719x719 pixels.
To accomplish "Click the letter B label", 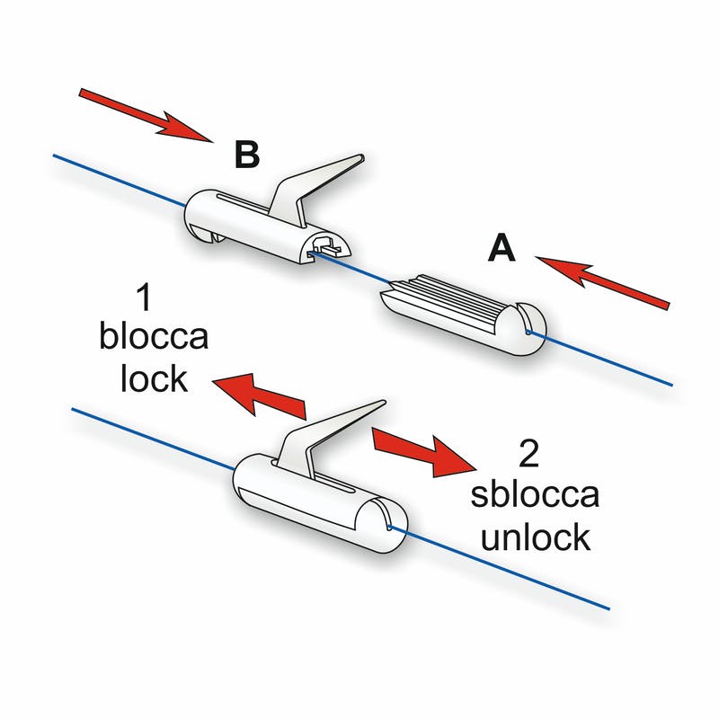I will pos(247,155).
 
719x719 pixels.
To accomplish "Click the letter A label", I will pos(502,247).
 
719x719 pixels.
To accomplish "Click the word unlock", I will pos(536,537).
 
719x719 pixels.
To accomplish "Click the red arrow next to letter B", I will pos(145,114).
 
